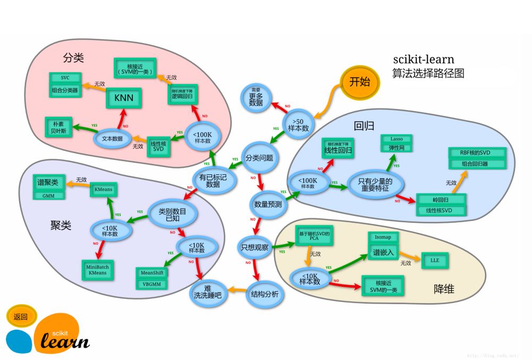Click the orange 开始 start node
point(360,82)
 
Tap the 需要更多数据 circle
point(256,97)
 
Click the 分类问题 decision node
point(259,158)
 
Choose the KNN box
point(124,97)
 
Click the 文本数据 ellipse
point(112,138)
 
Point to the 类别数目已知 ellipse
point(173,214)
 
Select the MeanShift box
point(152,272)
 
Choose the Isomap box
point(382,238)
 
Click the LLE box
point(435,260)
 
